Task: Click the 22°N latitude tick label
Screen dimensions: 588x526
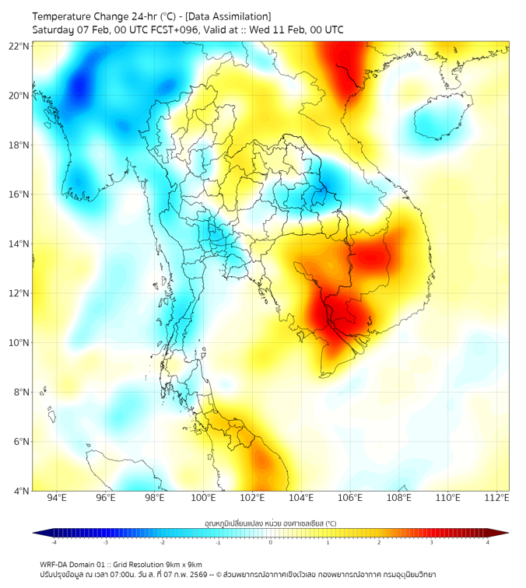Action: point(19,46)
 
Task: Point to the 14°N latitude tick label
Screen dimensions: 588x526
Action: point(19,243)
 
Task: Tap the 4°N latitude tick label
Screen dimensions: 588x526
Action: point(21,491)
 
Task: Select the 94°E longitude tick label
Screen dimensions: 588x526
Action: point(56,499)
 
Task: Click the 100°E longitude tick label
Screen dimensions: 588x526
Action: point(203,499)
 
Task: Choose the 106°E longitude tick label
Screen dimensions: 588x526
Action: point(350,499)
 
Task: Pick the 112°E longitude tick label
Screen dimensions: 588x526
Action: point(497,499)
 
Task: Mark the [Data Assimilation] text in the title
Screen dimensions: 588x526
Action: point(227,16)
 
